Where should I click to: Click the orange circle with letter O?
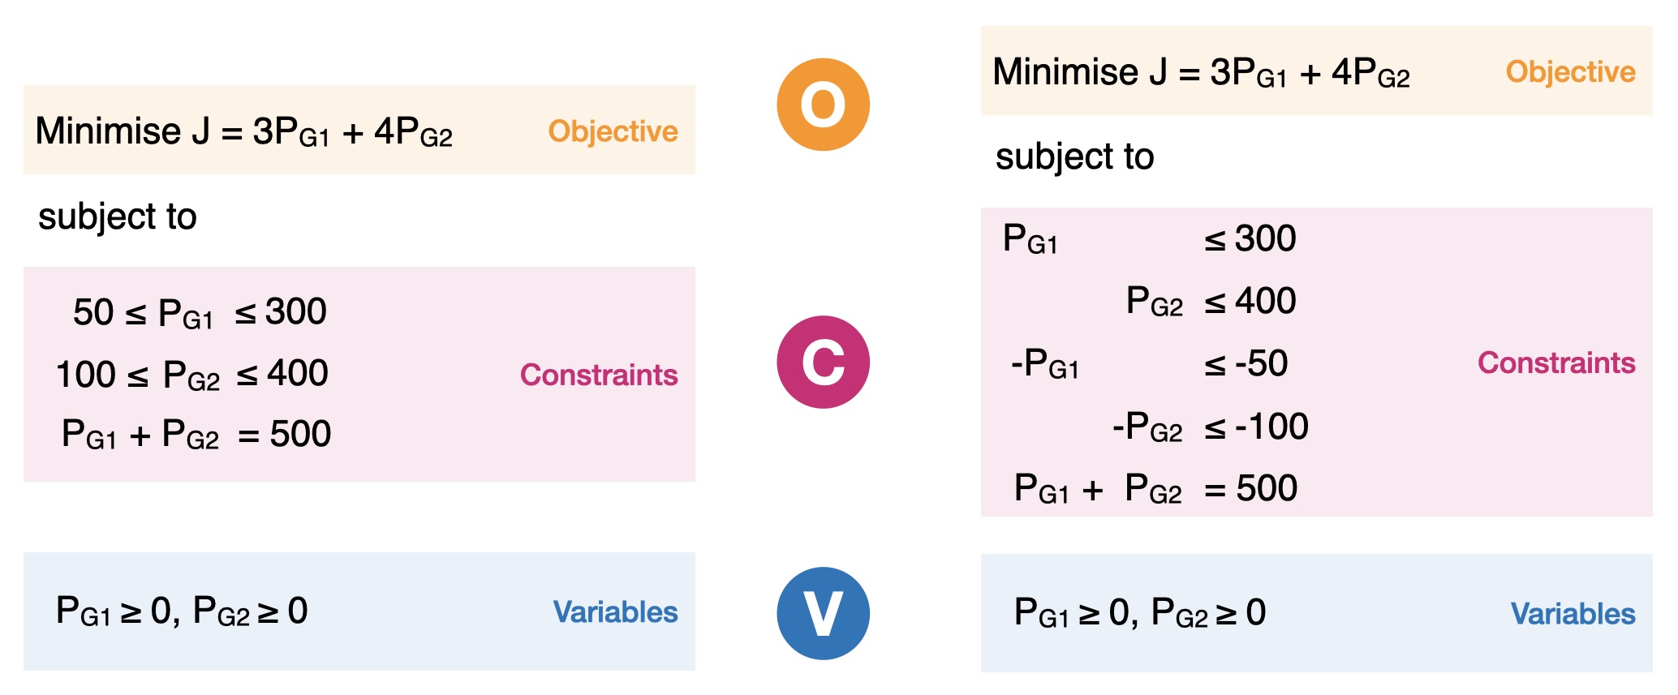click(x=823, y=105)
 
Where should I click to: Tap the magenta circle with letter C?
click(x=823, y=362)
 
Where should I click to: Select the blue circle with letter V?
click(x=823, y=613)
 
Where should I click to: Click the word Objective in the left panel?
click(x=613, y=131)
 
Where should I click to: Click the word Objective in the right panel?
click(x=1570, y=72)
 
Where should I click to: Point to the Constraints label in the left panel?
click(x=599, y=375)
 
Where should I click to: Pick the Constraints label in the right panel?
click(x=1556, y=363)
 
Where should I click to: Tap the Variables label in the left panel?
click(x=615, y=611)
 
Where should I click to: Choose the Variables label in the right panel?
click(x=1573, y=614)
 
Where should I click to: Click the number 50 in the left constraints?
click(x=93, y=312)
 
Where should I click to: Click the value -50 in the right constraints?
click(x=1261, y=363)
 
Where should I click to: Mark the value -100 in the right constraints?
click(x=1271, y=427)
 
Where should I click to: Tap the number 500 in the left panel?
click(x=300, y=435)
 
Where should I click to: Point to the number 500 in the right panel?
click(x=1267, y=489)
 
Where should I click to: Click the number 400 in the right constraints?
click(x=1266, y=301)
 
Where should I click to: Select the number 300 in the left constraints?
click(x=296, y=312)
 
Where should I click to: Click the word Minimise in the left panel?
click(x=109, y=131)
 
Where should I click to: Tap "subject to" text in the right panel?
click(x=1074, y=157)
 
